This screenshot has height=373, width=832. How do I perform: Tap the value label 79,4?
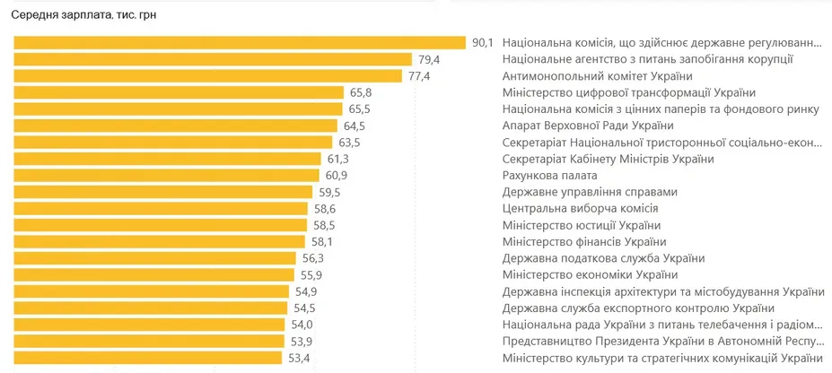[430, 59]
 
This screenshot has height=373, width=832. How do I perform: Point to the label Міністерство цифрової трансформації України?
[629, 92]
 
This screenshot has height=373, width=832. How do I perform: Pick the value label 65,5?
[360, 109]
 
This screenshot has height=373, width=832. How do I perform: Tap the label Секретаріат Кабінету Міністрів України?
[609, 159]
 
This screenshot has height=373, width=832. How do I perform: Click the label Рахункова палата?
[550, 176]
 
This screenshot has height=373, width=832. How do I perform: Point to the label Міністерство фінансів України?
[584, 242]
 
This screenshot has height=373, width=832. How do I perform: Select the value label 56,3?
[313, 258]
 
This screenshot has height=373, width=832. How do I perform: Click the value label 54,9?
[307, 291]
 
